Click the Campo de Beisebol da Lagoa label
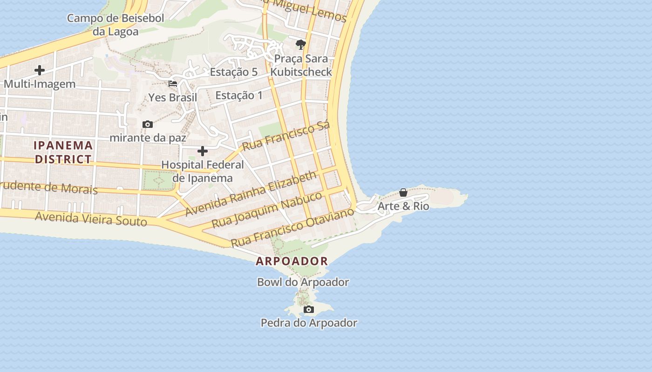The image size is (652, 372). click(x=115, y=25)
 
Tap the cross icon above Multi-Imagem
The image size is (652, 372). click(x=40, y=70)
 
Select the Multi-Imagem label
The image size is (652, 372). click(x=40, y=84)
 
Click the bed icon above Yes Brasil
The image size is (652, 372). click(x=173, y=84)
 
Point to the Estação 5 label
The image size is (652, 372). click(x=234, y=72)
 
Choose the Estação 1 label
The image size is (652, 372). click(x=239, y=95)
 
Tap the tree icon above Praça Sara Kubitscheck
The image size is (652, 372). click(x=301, y=45)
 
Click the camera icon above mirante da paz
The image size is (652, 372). click(x=148, y=124)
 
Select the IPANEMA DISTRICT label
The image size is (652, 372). click(x=63, y=152)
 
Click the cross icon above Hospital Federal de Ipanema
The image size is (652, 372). click(x=203, y=151)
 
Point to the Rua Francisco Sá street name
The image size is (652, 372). click(x=286, y=135)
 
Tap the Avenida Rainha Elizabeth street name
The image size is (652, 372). click(x=251, y=193)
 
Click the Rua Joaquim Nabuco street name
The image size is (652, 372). click(x=267, y=210)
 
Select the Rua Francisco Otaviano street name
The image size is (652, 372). click(x=292, y=228)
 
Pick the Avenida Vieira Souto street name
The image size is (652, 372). click(x=91, y=218)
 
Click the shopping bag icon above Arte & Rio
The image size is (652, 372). click(x=403, y=193)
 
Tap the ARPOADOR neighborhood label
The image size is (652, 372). click(x=292, y=261)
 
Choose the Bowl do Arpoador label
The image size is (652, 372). click(x=303, y=282)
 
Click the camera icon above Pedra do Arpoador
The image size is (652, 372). click(x=308, y=309)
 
